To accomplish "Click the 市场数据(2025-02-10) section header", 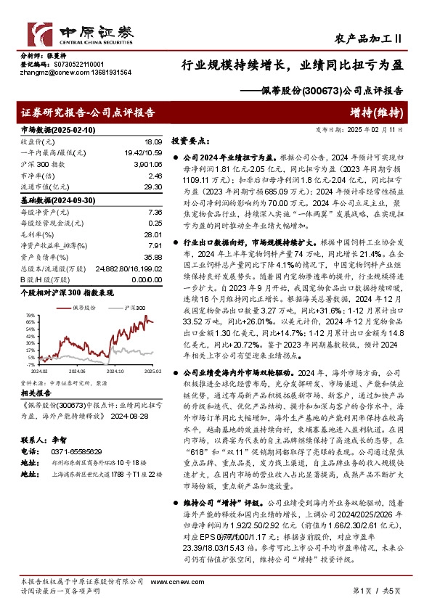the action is point(57,130).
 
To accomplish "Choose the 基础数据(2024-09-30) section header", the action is point(57,200).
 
